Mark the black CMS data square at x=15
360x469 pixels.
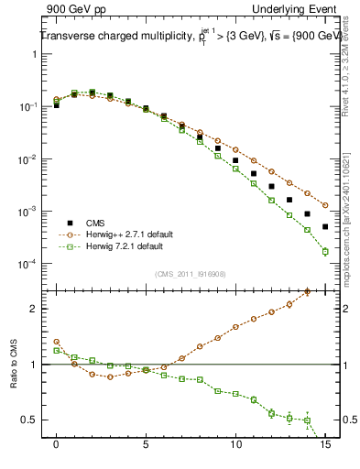click(325, 226)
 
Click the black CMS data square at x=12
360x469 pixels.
click(272, 186)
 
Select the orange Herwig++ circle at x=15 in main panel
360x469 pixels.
click(325, 205)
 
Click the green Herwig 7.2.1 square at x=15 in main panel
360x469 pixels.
click(325, 251)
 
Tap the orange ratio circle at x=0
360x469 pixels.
click(57, 342)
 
